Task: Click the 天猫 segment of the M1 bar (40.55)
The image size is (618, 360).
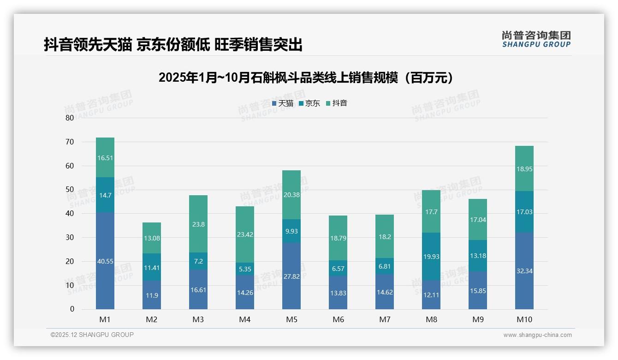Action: pos(105,261)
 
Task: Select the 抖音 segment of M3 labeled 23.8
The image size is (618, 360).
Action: pos(198,224)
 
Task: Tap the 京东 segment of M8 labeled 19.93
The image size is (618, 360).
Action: pos(431,256)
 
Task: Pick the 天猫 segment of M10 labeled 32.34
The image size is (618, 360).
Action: pos(524,270)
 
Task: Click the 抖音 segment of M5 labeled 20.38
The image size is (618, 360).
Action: pos(291,195)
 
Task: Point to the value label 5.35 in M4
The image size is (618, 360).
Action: pos(245,269)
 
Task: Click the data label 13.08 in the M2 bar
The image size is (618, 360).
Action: pos(152,238)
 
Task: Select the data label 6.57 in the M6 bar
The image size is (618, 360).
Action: pos(338,269)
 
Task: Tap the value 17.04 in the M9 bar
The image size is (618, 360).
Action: pos(478,220)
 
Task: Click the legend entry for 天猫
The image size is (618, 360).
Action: pos(282,103)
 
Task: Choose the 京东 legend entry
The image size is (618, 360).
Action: pos(309,103)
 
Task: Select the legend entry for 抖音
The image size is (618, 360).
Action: pos(336,103)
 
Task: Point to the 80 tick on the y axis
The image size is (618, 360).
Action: pos(70,118)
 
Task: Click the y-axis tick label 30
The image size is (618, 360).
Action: pos(70,237)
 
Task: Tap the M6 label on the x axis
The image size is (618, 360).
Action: pos(338,319)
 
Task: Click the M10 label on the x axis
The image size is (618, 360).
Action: pos(524,319)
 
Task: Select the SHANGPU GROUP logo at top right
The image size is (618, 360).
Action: pos(536,39)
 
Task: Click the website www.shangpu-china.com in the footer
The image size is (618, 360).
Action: pos(537,335)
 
